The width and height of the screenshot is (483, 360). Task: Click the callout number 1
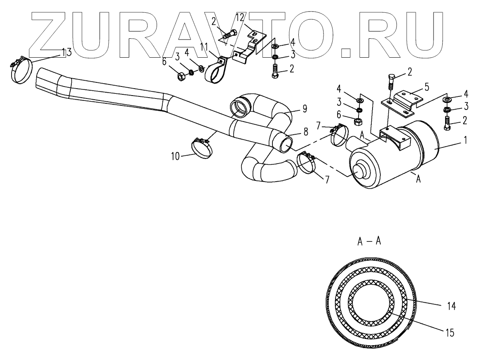coord(465,140)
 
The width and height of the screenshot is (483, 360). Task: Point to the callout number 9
coord(305,109)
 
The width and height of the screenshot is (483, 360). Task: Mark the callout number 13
coord(66,52)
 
